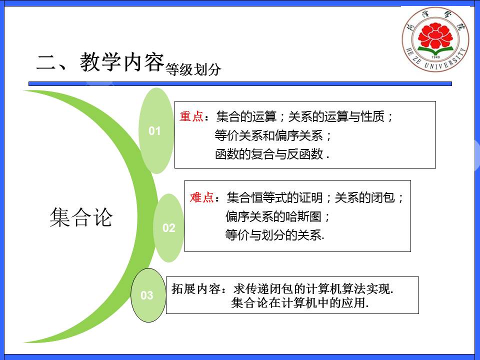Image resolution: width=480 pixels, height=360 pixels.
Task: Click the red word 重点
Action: click(191, 116)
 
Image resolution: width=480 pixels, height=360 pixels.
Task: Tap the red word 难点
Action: click(201, 197)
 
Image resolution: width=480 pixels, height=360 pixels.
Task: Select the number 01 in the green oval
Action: click(154, 131)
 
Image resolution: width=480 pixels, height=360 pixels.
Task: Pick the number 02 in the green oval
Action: click(168, 228)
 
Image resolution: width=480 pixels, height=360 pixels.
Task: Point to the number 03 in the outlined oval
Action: click(147, 295)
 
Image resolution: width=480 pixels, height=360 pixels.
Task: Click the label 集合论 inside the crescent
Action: click(81, 217)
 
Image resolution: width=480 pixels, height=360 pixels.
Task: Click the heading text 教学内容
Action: click(122, 62)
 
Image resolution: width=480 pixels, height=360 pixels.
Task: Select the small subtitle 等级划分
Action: click(193, 69)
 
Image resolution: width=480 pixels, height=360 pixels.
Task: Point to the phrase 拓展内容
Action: click(196, 288)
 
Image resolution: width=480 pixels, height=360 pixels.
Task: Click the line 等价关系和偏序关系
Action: click(269, 135)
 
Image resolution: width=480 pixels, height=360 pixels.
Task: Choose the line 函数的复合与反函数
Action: click(269, 154)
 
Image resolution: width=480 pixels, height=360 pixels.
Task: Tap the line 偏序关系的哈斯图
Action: click(273, 216)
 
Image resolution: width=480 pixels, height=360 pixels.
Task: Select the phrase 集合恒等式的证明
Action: click(274, 197)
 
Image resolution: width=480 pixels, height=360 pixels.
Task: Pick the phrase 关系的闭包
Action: click(365, 197)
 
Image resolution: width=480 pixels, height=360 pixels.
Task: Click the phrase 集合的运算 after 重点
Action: click(246, 116)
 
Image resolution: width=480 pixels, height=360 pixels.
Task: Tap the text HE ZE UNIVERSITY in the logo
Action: click(436, 60)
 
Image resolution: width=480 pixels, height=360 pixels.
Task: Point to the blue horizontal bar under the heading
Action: click(240, 83)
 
